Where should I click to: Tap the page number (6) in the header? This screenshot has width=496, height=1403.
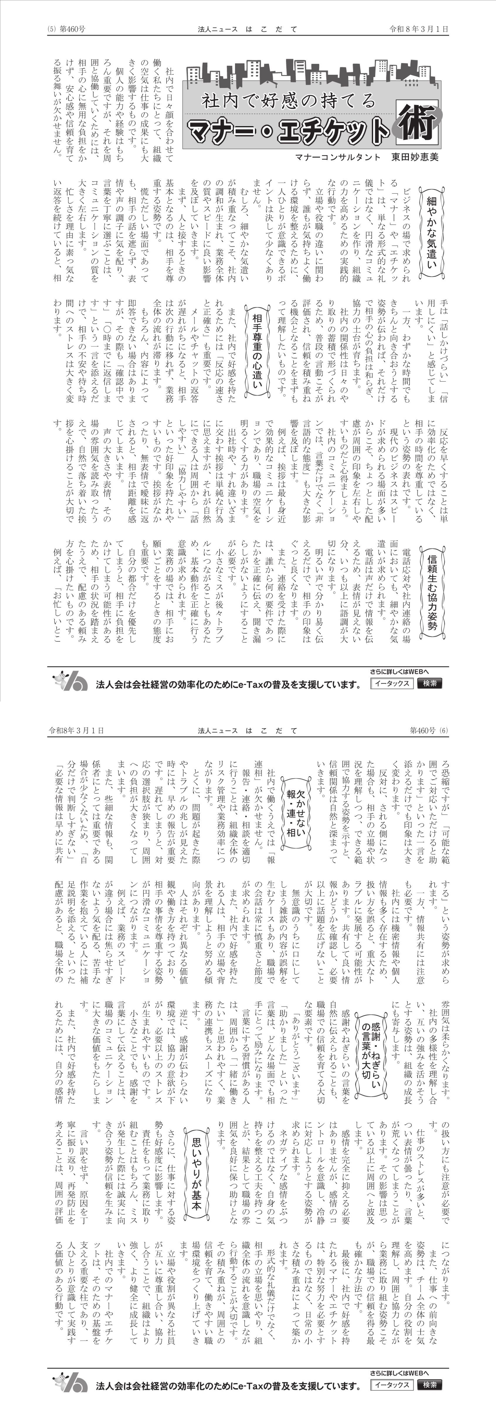444,730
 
